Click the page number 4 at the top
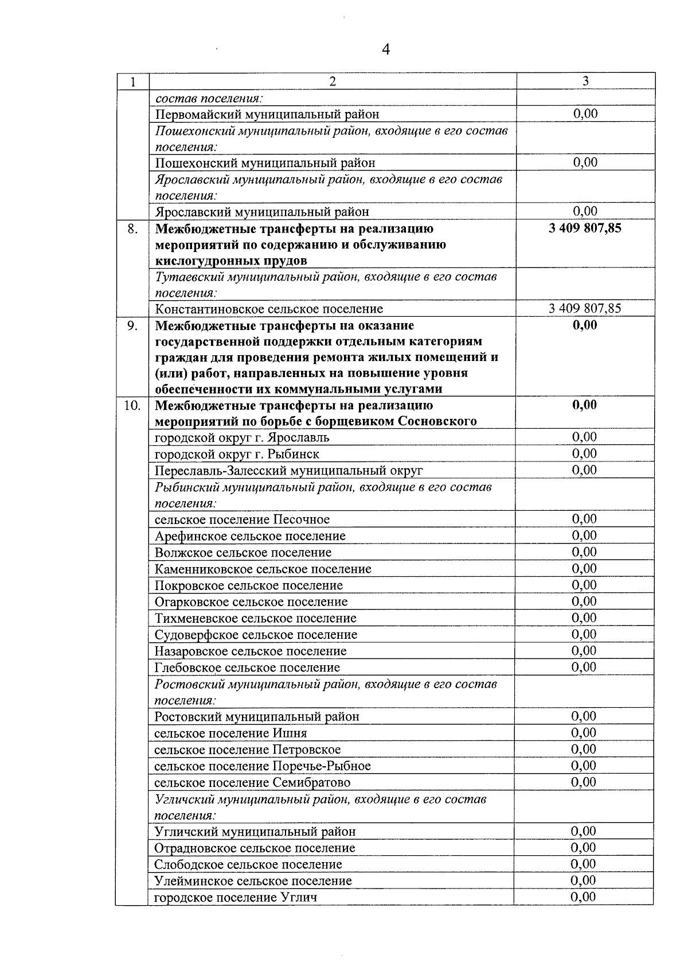point(385,51)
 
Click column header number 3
point(585,81)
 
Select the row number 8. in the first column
point(132,228)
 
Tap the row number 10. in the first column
point(132,406)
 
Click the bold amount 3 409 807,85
point(585,228)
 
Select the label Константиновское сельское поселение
point(269,309)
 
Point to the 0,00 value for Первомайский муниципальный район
point(585,114)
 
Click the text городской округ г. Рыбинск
point(237,454)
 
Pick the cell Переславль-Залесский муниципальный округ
point(289,471)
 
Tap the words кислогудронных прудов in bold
point(231,261)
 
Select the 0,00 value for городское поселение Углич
point(584,897)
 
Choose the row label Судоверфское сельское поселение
point(256,635)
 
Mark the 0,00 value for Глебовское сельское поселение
point(584,667)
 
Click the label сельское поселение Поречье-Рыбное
point(263,766)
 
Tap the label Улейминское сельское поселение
point(253,881)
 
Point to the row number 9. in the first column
point(132,325)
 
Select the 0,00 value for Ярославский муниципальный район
point(585,211)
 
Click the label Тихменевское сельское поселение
point(256,618)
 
